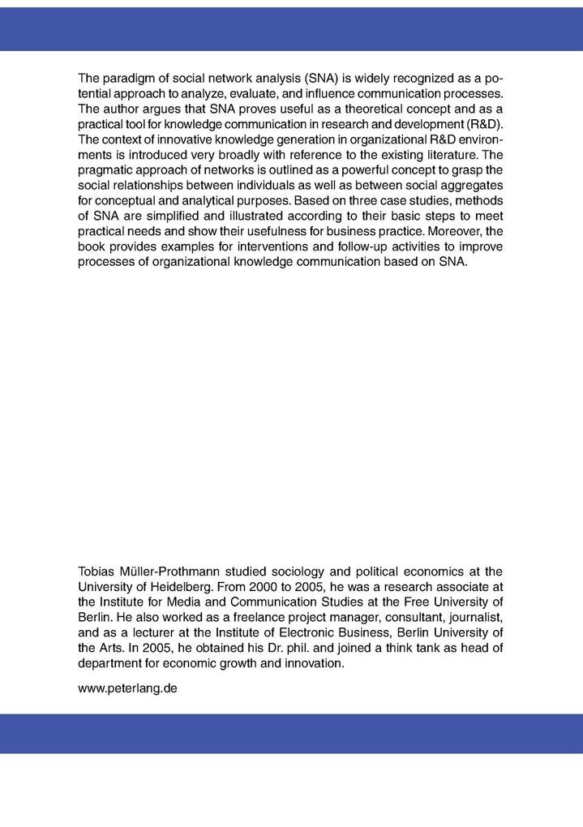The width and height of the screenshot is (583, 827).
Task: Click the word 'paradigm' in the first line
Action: coord(128,79)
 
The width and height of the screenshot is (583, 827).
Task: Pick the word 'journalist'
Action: coord(475,615)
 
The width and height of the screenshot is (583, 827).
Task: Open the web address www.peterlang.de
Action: coord(127,688)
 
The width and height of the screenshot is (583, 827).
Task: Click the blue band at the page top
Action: coord(291,29)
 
